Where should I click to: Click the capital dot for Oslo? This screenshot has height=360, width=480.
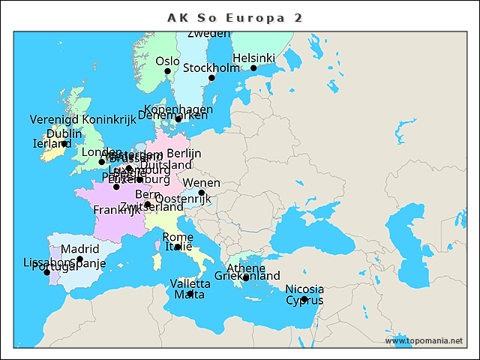168,71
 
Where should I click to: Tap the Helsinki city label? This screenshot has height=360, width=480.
253,58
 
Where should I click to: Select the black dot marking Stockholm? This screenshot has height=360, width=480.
211,78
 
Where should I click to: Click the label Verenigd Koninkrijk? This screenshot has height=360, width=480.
82,119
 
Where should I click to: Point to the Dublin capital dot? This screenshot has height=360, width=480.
65,143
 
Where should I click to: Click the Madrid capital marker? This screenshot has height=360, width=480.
80,259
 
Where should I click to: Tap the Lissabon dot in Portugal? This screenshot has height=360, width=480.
47,272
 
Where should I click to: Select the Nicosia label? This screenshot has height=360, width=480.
304,289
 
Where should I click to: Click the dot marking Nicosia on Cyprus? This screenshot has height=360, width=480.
304,299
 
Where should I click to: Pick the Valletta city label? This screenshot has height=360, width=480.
190,283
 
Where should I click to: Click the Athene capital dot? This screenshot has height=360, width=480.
246,278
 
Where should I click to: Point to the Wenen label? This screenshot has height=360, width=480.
202,183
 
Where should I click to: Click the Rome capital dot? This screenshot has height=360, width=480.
178,247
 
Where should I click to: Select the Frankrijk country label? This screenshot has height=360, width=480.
116,210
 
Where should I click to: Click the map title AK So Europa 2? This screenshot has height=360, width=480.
235,17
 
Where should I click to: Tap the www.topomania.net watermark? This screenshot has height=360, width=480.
424,340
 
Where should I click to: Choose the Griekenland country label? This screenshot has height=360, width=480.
247,276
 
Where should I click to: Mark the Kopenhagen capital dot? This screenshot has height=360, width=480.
178,118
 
